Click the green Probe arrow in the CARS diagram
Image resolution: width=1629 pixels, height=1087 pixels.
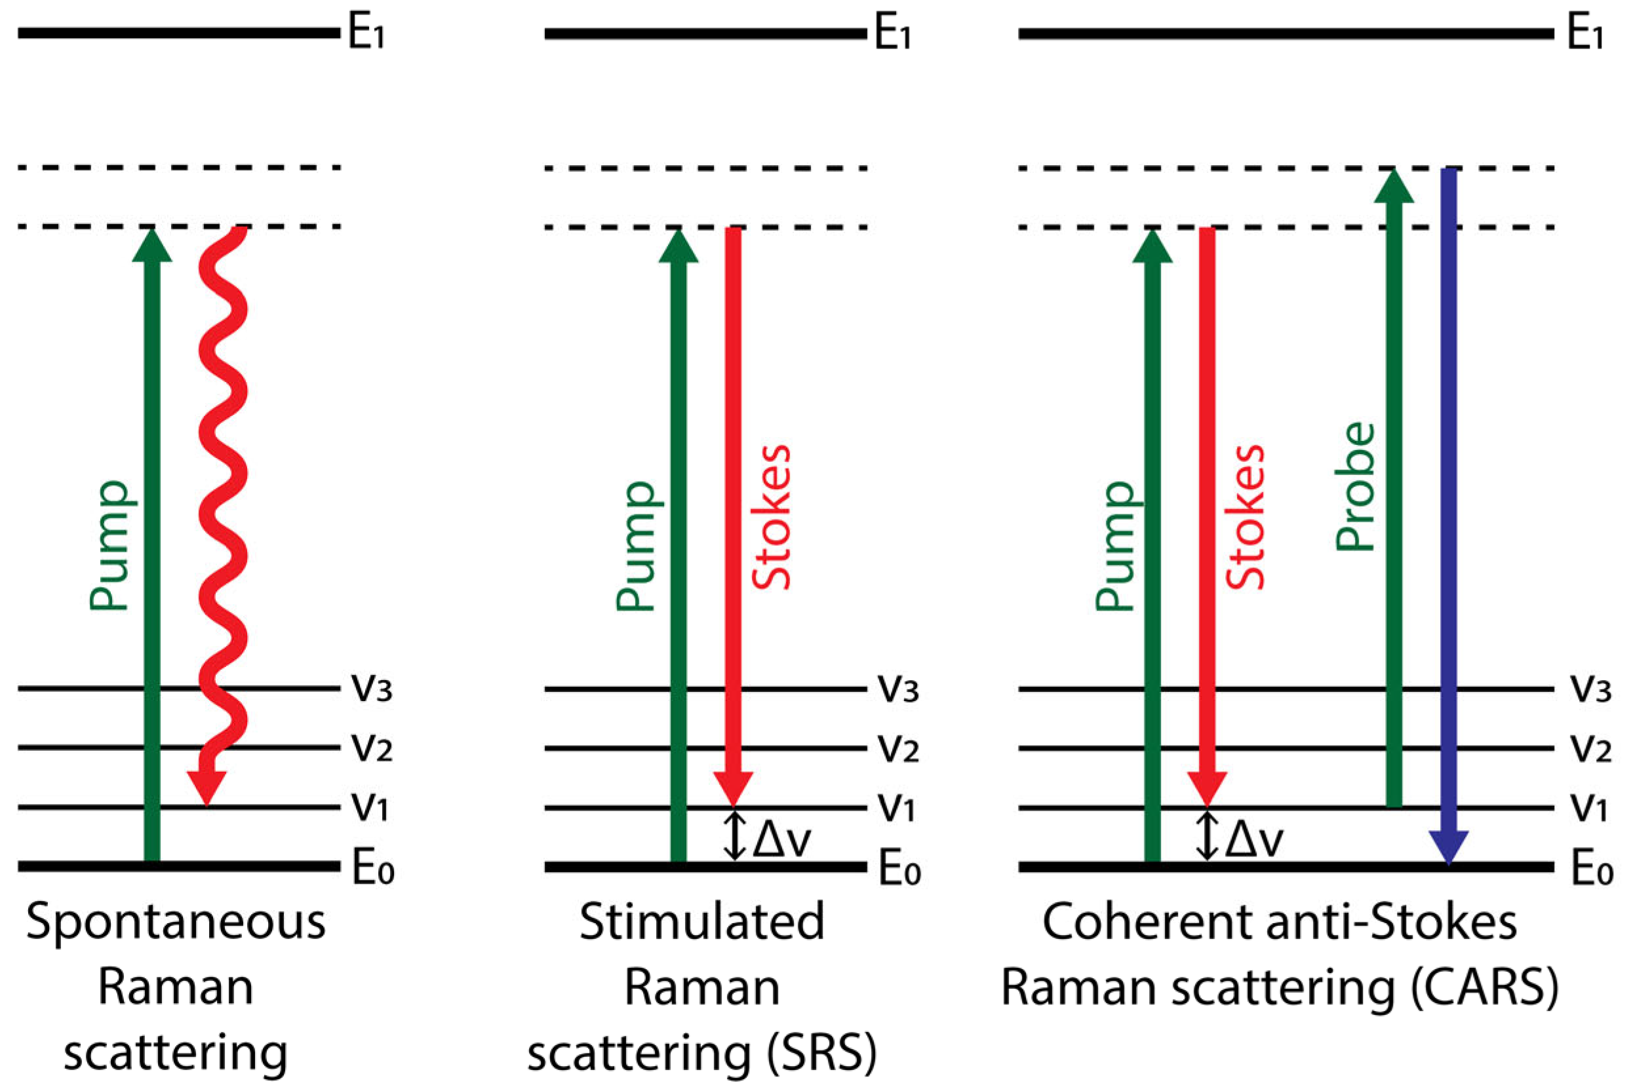(x=1393, y=486)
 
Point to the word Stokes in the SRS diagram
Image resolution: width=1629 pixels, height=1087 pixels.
(x=771, y=517)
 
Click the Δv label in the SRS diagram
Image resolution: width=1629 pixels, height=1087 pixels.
(x=781, y=840)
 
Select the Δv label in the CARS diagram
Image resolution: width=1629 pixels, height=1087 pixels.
(x=1255, y=840)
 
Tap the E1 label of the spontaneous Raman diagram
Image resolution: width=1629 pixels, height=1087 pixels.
(x=366, y=33)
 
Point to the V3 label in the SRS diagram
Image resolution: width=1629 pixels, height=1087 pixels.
(x=899, y=689)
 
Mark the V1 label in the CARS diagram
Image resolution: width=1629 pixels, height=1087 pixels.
(x=1588, y=808)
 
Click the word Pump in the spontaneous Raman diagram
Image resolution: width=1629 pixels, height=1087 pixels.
(x=109, y=545)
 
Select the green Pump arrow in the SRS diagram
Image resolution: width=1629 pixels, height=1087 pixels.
(x=678, y=541)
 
